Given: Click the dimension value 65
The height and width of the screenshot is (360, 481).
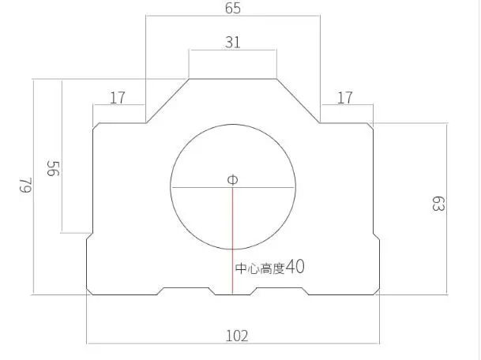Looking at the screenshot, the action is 233,8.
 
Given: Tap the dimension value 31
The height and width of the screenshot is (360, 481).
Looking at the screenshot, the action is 232,43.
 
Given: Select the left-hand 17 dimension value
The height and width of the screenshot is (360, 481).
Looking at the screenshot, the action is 118,98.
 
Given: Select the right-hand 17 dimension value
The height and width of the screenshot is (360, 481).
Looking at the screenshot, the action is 345,98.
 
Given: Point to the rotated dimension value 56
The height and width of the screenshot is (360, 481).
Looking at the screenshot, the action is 53,168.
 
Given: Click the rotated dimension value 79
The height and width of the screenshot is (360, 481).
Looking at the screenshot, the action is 26,185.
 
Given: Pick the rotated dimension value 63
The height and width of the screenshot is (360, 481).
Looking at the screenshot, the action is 438,204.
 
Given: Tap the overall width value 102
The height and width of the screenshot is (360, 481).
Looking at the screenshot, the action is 237,336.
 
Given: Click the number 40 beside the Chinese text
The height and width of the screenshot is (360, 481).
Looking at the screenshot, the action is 295,267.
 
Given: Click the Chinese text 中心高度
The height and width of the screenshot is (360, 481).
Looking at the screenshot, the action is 260,268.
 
